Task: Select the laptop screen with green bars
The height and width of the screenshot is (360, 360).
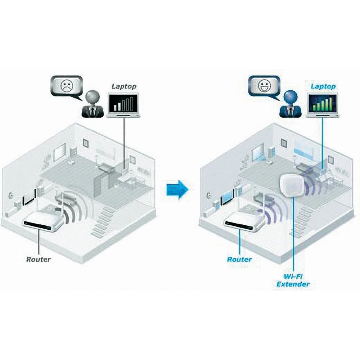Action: click(322, 103)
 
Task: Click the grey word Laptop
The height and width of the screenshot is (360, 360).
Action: click(123, 86)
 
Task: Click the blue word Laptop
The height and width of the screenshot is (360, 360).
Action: click(323, 86)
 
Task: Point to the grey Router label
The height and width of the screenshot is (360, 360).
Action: click(39, 259)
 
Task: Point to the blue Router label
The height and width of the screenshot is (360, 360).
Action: click(239, 259)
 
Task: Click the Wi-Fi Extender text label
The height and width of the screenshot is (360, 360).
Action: click(293, 280)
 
